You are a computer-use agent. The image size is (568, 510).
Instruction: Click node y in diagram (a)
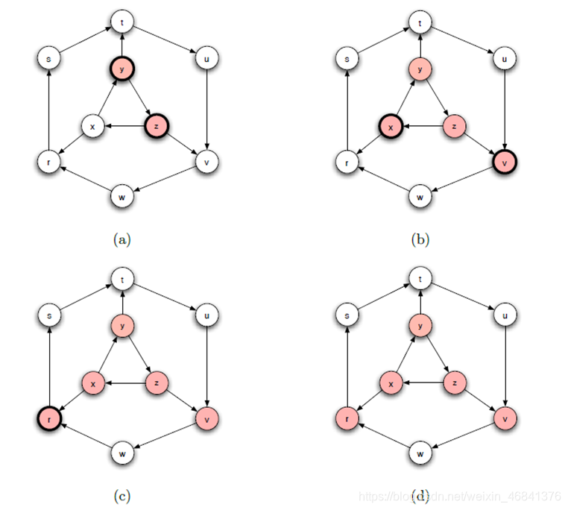pos(122,69)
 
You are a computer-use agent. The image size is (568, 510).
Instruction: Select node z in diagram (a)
pos(157,127)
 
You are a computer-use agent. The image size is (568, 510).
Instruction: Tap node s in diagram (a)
pos(48,58)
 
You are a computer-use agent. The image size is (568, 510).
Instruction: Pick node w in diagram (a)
pos(122,197)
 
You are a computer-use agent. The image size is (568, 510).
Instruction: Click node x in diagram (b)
pos(388,127)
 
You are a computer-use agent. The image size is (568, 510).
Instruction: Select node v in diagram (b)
pos(505,160)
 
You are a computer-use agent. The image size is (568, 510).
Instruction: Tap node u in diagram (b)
pos(504,58)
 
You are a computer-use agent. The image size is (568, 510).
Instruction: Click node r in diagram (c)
pos(49,418)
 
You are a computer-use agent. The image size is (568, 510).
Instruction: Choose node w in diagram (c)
pos(122,453)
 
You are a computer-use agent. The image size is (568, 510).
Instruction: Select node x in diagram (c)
pos(92,383)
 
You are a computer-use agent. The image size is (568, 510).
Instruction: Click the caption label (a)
pos(122,239)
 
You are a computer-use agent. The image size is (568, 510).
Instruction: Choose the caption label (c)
pos(122,494)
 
